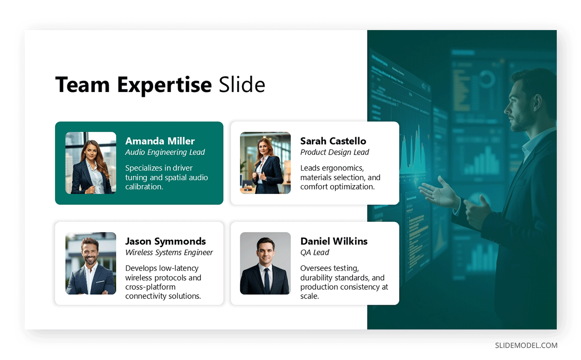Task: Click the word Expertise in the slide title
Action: (164, 85)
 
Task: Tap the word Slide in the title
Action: (242, 85)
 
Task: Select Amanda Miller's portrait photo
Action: (91, 163)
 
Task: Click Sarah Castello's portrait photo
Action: (265, 163)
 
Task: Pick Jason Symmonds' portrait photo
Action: (91, 263)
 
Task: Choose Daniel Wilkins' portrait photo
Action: (265, 263)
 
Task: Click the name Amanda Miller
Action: (160, 141)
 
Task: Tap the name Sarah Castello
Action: (333, 141)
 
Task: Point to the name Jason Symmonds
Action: (166, 241)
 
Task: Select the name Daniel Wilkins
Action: (334, 241)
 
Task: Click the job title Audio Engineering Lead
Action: (165, 152)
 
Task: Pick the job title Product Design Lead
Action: (335, 152)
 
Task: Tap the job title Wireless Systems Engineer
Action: (169, 252)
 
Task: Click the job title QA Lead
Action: (315, 252)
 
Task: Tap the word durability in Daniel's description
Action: (318, 278)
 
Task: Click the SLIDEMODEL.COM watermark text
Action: (526, 345)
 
